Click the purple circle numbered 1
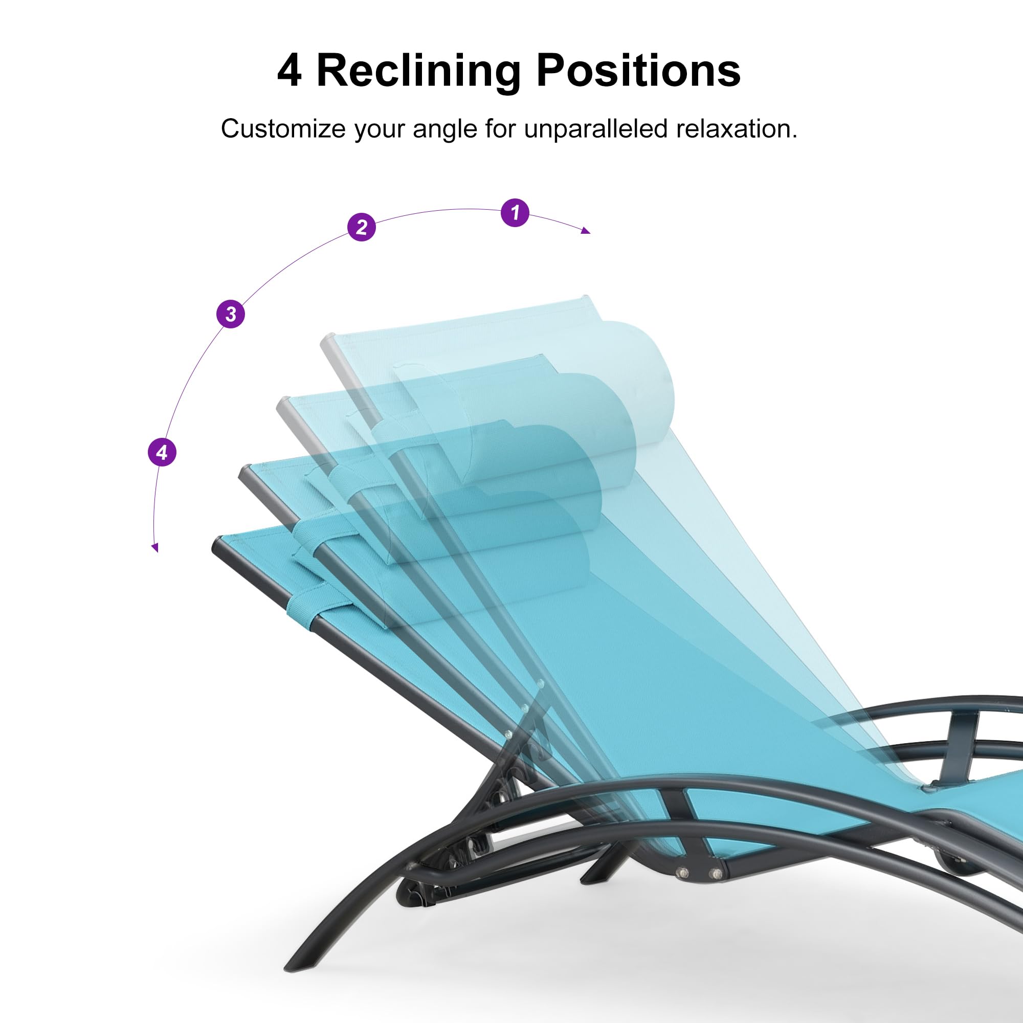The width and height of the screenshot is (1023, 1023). pyautogui.click(x=515, y=213)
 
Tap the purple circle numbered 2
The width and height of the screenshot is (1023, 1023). pyautogui.click(x=362, y=227)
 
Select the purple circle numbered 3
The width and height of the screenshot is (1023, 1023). pyautogui.click(x=231, y=314)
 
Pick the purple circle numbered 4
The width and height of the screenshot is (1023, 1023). pyautogui.click(x=162, y=452)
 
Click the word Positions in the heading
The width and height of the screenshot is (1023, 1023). pyautogui.click(x=638, y=70)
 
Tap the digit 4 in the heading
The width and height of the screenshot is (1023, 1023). pyautogui.click(x=289, y=71)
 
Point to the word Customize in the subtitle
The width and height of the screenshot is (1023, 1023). pyautogui.click(x=283, y=129)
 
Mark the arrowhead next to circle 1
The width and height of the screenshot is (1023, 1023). pyautogui.click(x=585, y=230)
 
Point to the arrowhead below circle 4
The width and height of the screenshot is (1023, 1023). pyautogui.click(x=154, y=547)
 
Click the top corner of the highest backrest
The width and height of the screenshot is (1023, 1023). pyautogui.click(x=585, y=297)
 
